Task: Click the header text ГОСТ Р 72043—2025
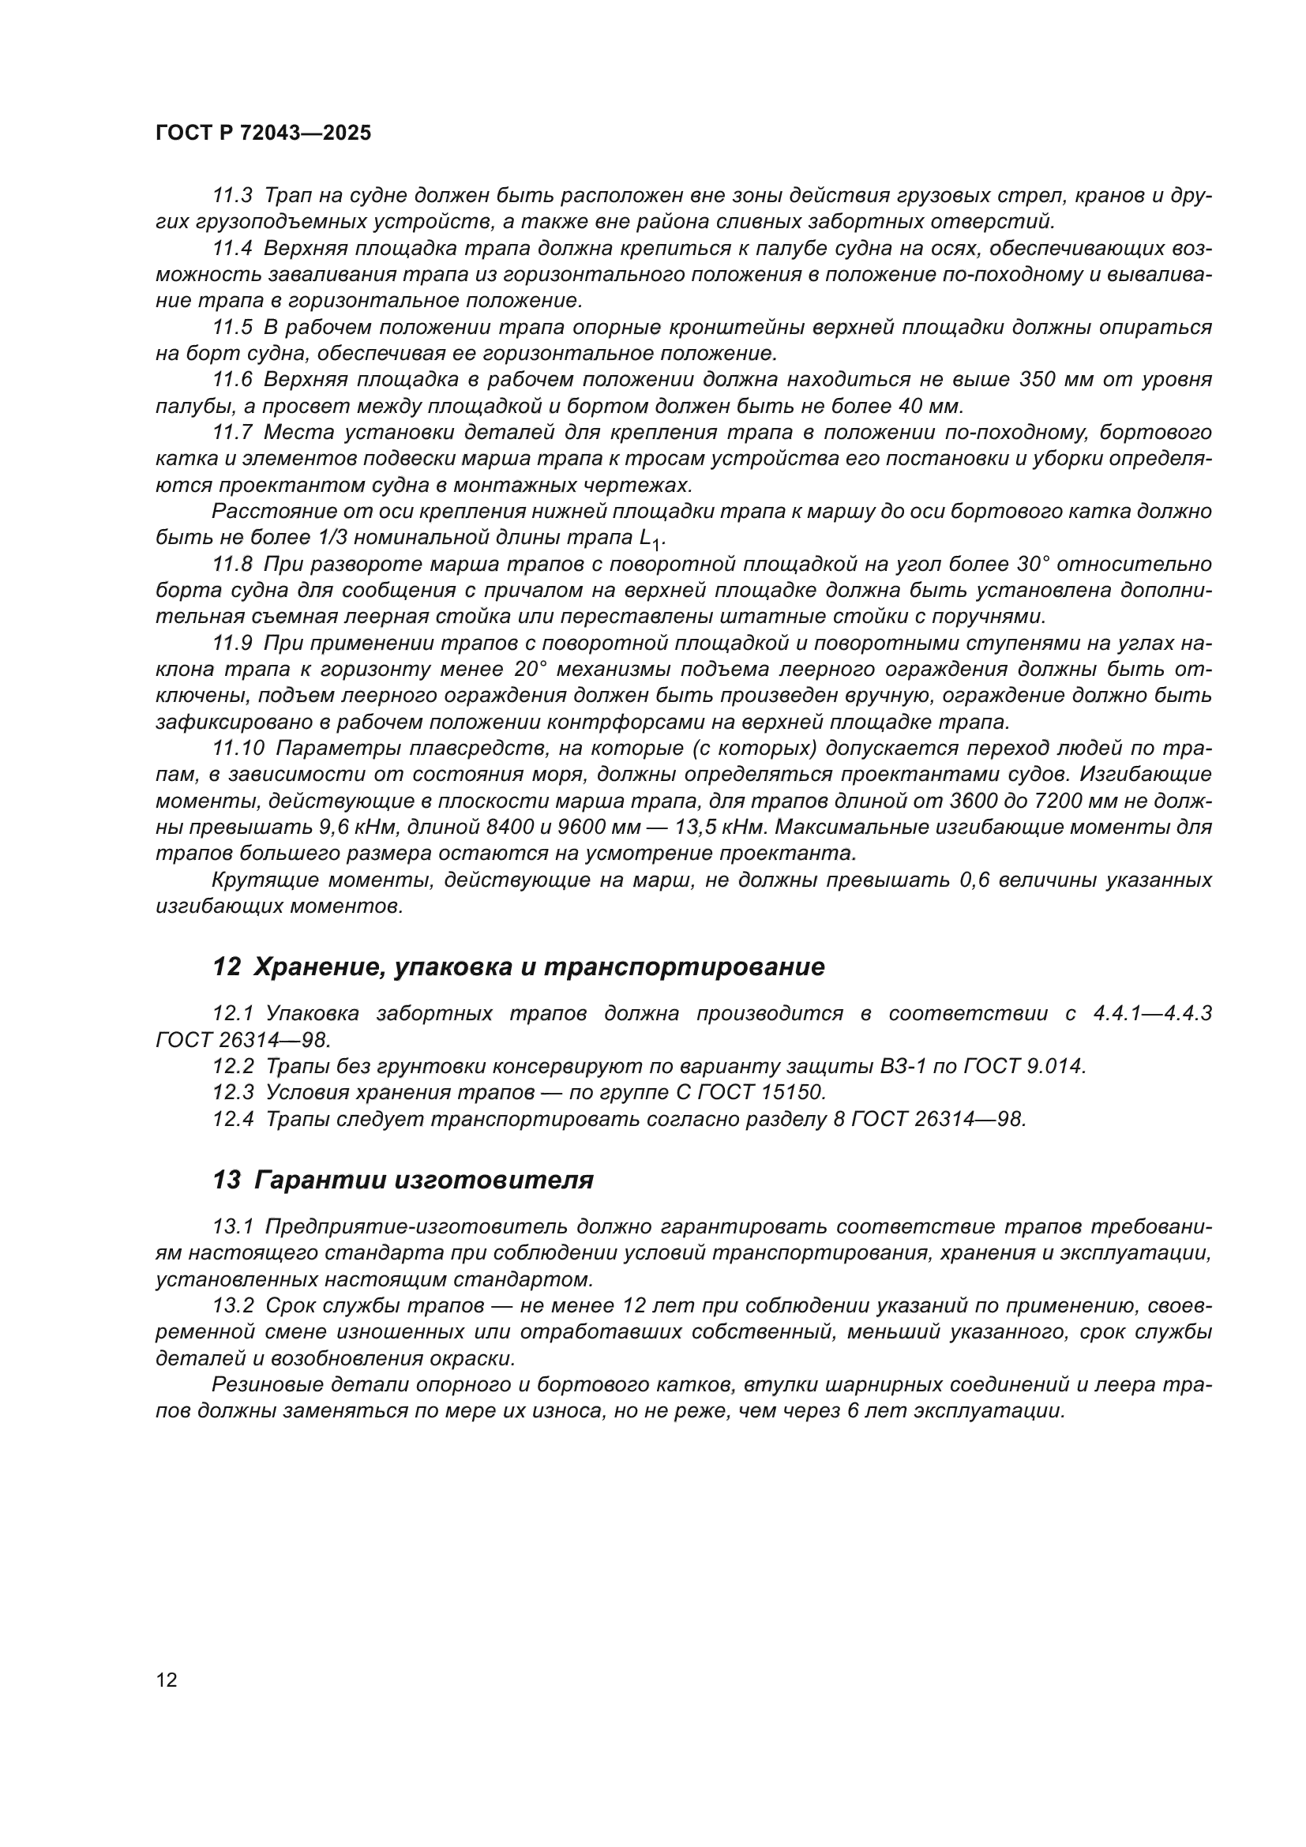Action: [263, 133]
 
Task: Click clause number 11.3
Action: [232, 196]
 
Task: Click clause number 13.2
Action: [232, 1305]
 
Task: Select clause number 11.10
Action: [238, 749]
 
